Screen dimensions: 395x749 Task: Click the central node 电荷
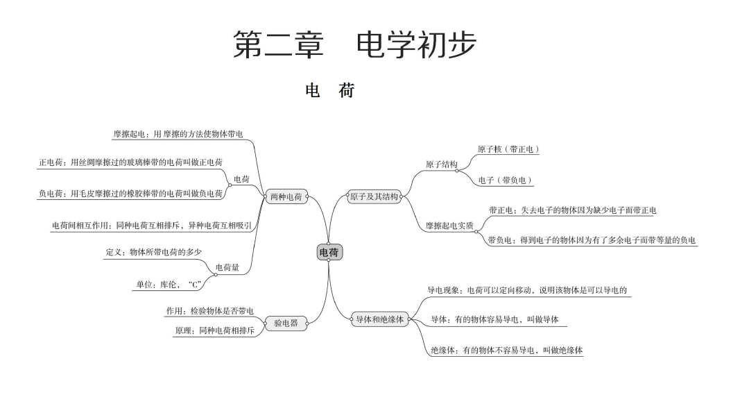(x=329, y=253)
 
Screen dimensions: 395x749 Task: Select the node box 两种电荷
(x=285, y=197)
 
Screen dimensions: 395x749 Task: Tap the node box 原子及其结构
(x=374, y=197)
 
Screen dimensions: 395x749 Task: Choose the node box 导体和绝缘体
(x=379, y=319)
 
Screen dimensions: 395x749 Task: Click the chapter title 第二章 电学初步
(x=354, y=45)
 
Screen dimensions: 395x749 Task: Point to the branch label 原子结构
(x=441, y=165)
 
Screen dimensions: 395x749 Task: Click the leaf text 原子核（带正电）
(x=508, y=149)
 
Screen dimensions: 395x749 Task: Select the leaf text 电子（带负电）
(x=506, y=180)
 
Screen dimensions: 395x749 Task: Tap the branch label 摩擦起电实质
(x=449, y=226)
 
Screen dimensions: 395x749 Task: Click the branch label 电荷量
(x=227, y=267)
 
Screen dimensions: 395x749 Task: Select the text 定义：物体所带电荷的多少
(x=154, y=252)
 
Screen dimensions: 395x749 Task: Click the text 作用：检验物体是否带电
(x=209, y=310)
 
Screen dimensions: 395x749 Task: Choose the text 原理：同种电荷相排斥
(x=214, y=331)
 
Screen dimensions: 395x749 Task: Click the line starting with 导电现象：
(x=527, y=290)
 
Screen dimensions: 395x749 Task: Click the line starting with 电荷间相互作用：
(x=151, y=226)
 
